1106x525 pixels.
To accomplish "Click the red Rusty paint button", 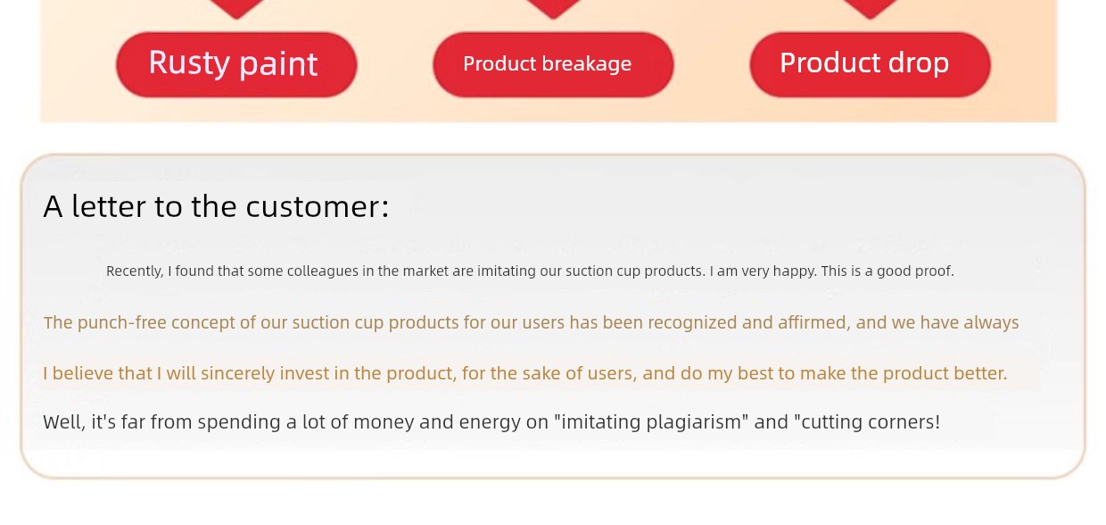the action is click(236, 64).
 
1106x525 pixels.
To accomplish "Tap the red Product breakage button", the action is click(554, 64).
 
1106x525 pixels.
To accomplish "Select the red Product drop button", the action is click(870, 64).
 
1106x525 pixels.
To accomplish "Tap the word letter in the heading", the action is click(109, 206).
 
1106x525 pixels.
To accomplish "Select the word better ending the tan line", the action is click(980, 372).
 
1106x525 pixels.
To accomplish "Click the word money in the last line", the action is click(384, 422).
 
